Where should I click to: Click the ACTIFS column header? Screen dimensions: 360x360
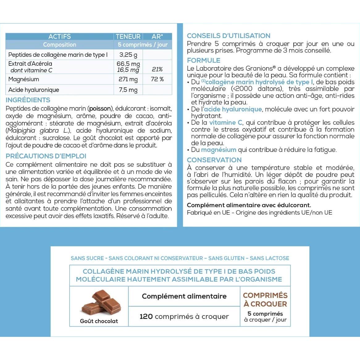coord(60,36)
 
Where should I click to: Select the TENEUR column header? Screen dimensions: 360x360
coord(128,36)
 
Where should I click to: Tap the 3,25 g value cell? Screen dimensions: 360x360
coord(128,55)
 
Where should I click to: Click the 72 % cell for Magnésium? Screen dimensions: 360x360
coord(157,79)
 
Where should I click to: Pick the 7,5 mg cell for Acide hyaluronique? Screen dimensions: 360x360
coord(128,90)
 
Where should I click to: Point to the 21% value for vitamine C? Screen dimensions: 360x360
coord(157,69)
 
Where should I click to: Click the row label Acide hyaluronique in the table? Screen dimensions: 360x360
coord(34,90)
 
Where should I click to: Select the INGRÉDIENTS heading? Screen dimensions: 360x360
coord(28,100)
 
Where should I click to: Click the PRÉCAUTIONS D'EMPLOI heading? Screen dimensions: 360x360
coord(46,156)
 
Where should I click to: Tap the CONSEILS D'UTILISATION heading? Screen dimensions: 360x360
coord(228,36)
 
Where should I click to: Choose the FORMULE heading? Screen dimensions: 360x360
coord(203,61)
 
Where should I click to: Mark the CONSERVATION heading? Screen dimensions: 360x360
coord(214,160)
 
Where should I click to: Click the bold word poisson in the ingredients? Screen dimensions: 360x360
coord(100,109)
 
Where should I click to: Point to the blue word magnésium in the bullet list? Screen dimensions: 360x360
coord(219,150)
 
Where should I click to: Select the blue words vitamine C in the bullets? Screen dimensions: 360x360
coord(225,123)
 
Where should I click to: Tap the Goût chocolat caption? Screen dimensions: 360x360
coord(99,321)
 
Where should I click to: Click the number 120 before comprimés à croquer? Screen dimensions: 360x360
coord(146,316)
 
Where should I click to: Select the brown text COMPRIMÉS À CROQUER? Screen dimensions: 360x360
coord(265,299)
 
